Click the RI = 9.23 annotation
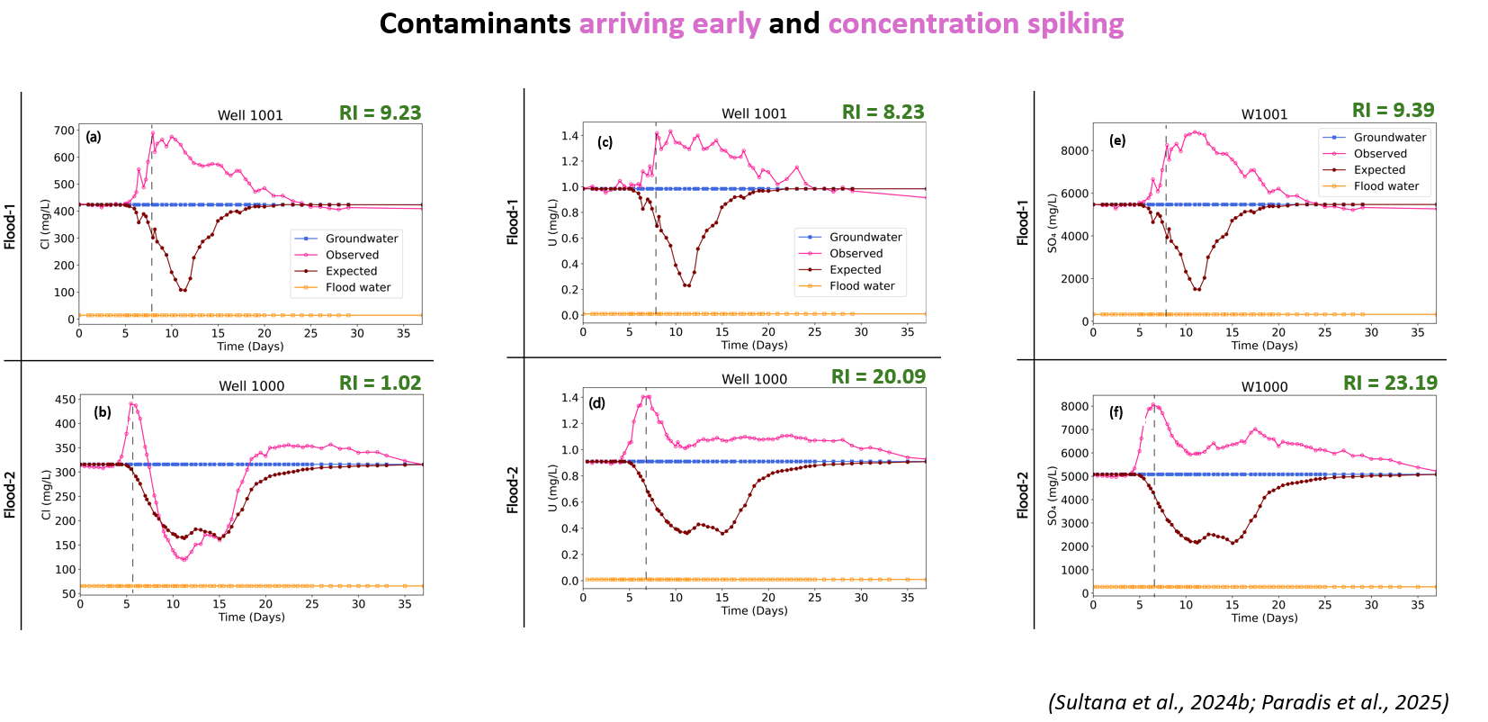point(380,113)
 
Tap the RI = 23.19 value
point(1390,384)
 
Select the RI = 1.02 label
point(380,384)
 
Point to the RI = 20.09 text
point(878,377)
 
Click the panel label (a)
point(94,137)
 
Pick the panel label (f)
point(1116,412)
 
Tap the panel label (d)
point(596,403)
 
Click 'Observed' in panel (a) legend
point(352,255)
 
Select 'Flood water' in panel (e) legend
point(1385,186)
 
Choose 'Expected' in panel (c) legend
point(855,269)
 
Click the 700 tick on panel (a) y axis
point(64,131)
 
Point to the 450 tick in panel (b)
point(66,400)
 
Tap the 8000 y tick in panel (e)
point(1074,150)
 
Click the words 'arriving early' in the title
point(669,23)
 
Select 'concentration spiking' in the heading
point(975,23)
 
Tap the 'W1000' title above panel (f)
point(1264,387)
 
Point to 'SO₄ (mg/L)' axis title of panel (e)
point(1052,222)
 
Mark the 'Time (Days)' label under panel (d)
point(754,610)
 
